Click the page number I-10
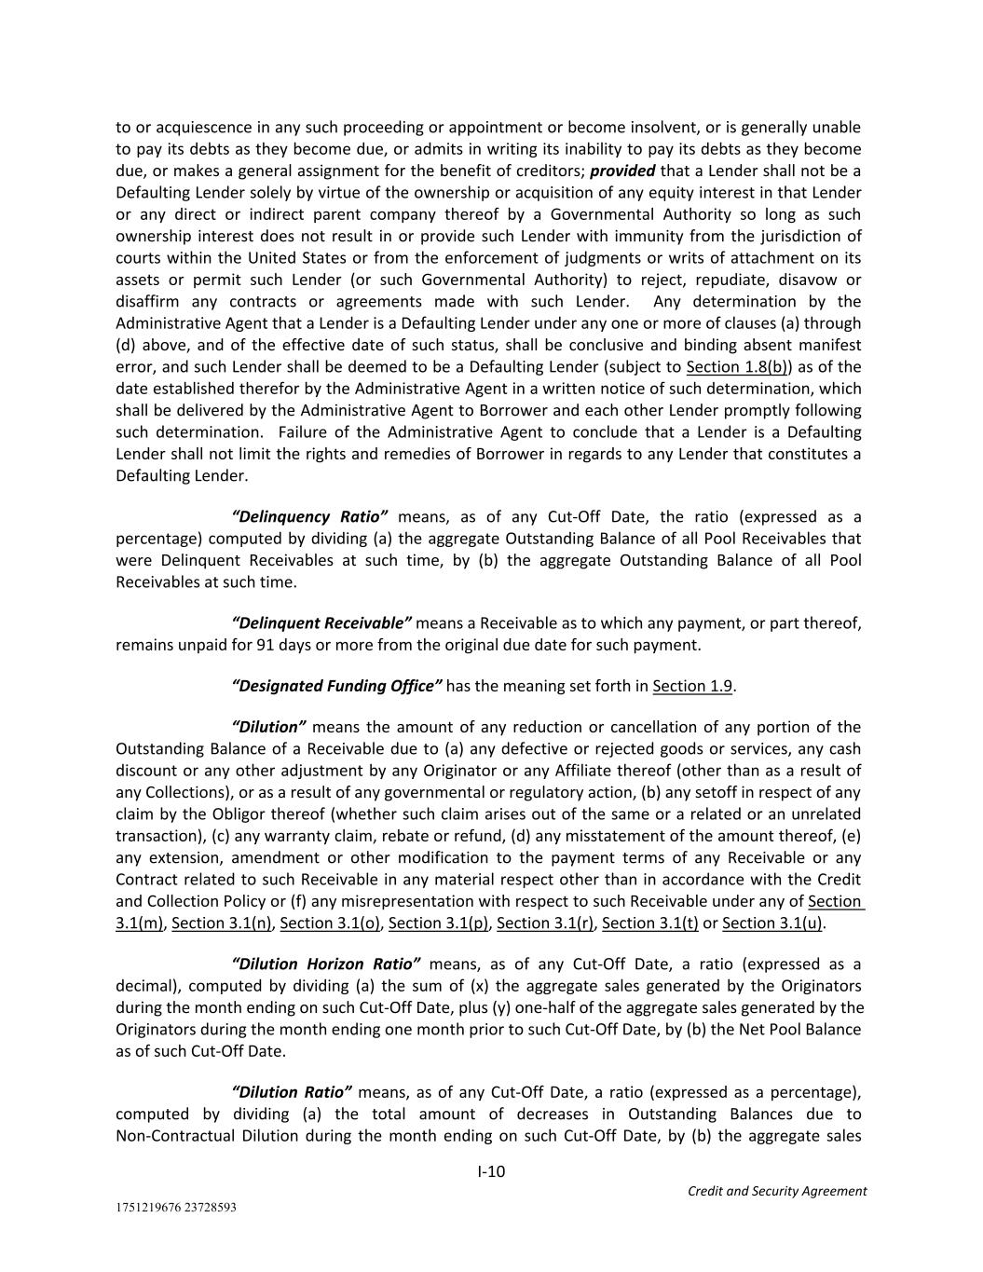click(491, 1171)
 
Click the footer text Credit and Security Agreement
click(776, 1191)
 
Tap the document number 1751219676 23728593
click(176, 1207)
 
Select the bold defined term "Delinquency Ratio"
click(309, 516)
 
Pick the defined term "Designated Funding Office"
click(336, 686)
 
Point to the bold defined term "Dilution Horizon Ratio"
click(326, 964)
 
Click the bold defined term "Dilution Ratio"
click(292, 1092)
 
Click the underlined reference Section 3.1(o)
click(330, 923)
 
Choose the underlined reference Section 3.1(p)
click(438, 923)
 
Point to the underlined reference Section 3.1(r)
click(545, 923)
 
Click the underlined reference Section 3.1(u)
click(772, 923)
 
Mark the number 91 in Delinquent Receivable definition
click(265, 645)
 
